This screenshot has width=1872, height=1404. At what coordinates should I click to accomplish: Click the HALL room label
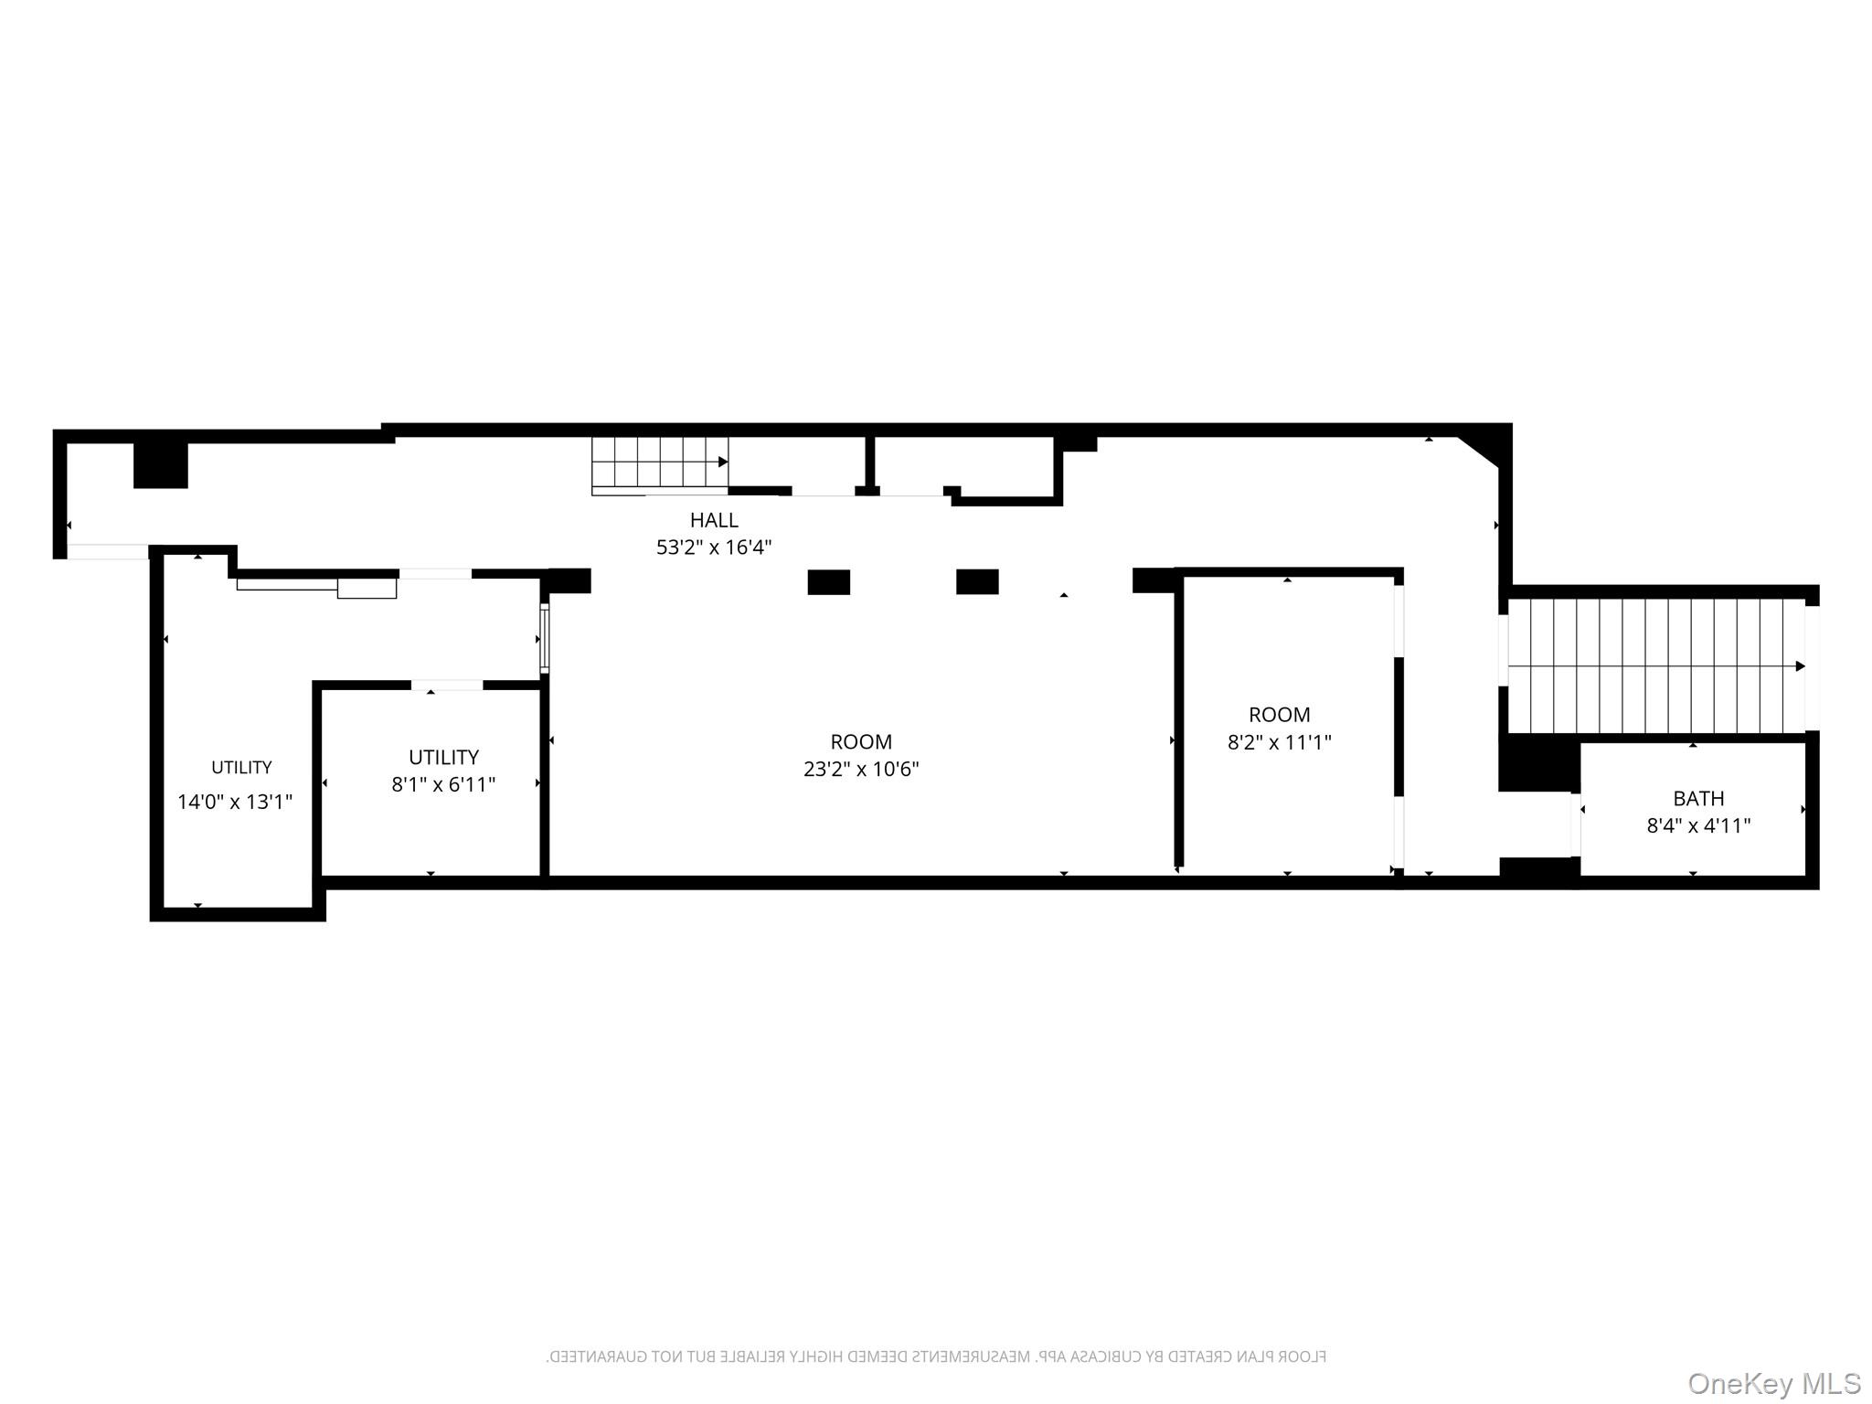[x=713, y=520]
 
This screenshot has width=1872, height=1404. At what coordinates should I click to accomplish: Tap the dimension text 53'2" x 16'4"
[x=713, y=548]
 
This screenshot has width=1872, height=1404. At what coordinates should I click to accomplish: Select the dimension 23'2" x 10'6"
[x=860, y=769]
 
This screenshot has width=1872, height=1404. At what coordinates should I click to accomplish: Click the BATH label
[x=1698, y=798]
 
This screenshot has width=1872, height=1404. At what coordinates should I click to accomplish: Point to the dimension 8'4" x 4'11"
[x=1698, y=825]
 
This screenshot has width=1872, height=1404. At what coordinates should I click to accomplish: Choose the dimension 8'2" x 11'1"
[x=1279, y=741]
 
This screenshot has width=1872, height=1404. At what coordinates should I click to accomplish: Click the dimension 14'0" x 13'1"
[x=234, y=802]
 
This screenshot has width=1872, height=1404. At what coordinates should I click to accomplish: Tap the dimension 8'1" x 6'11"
[x=443, y=784]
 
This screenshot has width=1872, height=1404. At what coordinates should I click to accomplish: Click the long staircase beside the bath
[x=1654, y=665]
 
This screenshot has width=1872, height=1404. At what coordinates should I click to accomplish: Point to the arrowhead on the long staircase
[x=1800, y=665]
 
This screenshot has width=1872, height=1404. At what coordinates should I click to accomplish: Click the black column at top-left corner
[x=161, y=464]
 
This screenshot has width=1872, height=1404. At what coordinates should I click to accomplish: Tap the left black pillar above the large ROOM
[x=828, y=582]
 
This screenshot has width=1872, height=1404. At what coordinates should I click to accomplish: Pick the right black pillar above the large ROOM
[x=977, y=581]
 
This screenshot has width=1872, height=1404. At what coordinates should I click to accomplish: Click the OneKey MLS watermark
[x=1773, y=1383]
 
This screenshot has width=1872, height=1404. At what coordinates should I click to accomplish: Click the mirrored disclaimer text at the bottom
[x=936, y=1356]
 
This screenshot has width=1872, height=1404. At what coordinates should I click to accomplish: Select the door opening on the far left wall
[x=108, y=551]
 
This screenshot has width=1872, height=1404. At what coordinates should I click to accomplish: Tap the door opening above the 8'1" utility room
[x=447, y=685]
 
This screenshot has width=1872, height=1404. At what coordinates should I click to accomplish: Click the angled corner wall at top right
[x=1483, y=450]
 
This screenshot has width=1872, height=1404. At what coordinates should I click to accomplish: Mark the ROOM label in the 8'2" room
[x=1279, y=715]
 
